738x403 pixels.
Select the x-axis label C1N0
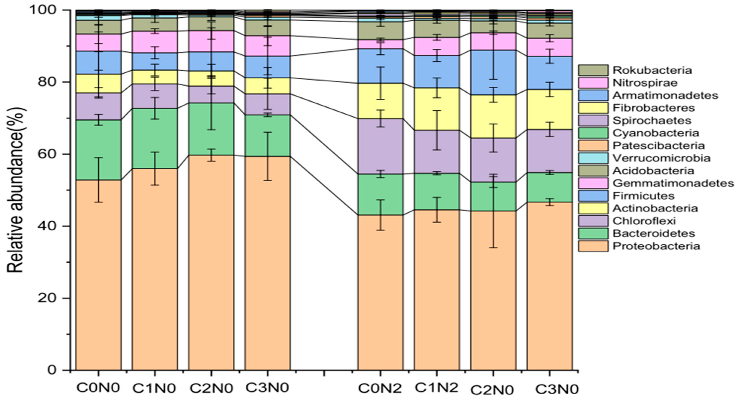[154, 388]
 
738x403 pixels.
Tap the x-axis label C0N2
[380, 388]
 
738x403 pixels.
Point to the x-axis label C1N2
[437, 388]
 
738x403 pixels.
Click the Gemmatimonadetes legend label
[673, 183]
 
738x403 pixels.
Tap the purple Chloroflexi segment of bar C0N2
[380, 146]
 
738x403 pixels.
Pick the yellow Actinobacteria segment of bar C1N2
[437, 109]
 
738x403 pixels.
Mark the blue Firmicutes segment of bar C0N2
[380, 66]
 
